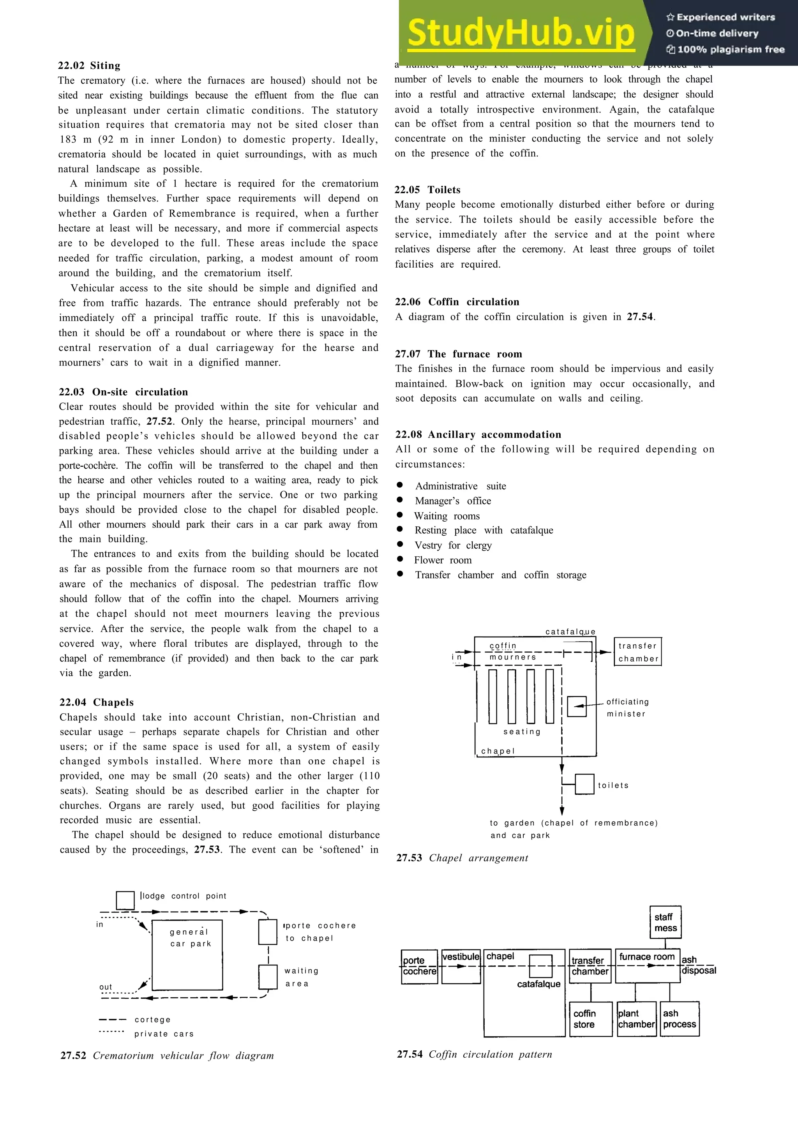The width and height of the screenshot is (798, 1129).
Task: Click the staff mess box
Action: point(665,923)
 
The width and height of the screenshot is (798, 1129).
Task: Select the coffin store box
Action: point(590,1019)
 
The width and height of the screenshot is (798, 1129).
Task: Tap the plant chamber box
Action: point(636,1019)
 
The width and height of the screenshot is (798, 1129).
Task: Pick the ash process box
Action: point(680,1019)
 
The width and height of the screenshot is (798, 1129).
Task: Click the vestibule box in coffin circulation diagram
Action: point(461,966)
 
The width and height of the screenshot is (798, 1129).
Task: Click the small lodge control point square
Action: point(125,900)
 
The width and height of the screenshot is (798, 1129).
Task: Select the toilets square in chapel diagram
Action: point(584,784)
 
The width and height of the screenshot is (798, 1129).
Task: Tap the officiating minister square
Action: point(576,706)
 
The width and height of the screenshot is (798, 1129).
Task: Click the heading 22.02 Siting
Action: point(89,65)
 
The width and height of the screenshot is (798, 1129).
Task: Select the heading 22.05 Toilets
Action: point(427,190)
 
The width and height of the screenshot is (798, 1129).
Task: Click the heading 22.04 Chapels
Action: point(96,702)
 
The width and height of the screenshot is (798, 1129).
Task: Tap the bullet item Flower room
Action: point(443,560)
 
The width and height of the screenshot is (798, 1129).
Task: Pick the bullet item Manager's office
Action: point(452,501)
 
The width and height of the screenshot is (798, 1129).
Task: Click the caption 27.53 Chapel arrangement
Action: point(462,858)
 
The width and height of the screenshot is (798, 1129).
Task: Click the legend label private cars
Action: point(164,1034)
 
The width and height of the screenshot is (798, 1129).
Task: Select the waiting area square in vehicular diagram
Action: point(268,977)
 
